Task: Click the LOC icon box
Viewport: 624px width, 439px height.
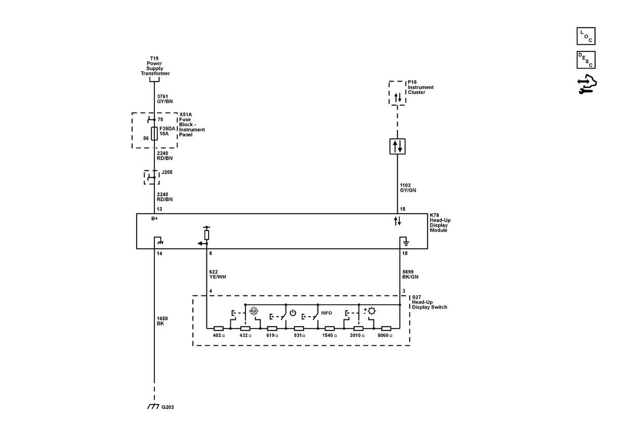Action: [x=586, y=36]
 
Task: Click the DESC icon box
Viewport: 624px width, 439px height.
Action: [x=586, y=60]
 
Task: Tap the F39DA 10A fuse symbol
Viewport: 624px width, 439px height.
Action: [x=154, y=134]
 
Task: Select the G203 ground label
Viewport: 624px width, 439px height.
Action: [x=167, y=407]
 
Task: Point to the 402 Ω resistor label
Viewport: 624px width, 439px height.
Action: [x=219, y=335]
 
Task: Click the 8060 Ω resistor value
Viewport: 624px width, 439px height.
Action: [x=385, y=335]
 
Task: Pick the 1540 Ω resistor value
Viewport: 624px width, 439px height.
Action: [x=330, y=335]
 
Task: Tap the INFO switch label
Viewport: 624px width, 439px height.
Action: [x=326, y=313]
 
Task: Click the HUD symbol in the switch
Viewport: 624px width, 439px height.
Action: [x=254, y=311]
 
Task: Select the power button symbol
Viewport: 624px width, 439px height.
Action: [x=293, y=313]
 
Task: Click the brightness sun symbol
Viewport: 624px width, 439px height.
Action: [x=372, y=311]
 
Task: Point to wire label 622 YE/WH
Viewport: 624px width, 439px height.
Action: [x=217, y=274]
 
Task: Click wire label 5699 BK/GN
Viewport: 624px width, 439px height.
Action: [x=410, y=274]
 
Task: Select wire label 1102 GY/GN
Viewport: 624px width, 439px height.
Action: [x=408, y=188]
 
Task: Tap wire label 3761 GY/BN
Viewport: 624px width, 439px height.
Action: [x=165, y=99]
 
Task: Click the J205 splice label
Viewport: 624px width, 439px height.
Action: [x=167, y=172]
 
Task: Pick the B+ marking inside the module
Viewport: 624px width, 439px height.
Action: [x=154, y=218]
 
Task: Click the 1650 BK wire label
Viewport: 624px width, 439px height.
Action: [x=162, y=321]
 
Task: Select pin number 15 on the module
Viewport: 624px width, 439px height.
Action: [x=402, y=209]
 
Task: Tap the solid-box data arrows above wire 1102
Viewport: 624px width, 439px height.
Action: [x=397, y=146]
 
